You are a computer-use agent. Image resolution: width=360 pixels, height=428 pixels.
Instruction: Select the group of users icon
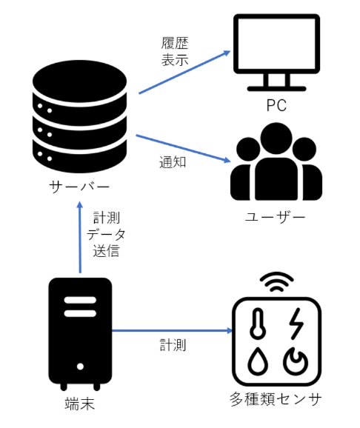click(276, 164)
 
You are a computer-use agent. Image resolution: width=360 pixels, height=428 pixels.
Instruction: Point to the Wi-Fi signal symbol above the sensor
click(276, 282)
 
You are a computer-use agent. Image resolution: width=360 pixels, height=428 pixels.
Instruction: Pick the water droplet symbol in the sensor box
click(259, 360)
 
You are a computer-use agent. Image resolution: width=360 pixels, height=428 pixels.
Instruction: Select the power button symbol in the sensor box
click(294, 360)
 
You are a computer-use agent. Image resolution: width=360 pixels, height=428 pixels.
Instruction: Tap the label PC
click(276, 105)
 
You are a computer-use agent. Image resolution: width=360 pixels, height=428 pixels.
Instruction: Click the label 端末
click(79, 404)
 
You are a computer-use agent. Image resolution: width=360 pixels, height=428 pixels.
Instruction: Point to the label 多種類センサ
click(276, 401)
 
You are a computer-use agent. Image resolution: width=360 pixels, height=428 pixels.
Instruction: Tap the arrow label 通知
click(172, 161)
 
